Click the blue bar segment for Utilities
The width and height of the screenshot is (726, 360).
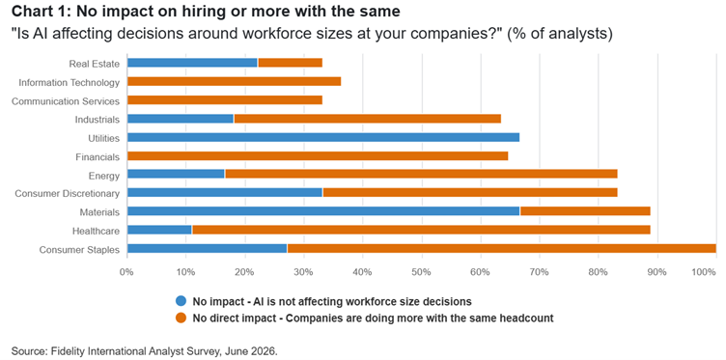point(323,137)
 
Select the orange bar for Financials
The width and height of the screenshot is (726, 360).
point(318,156)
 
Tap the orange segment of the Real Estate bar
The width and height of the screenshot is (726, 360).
point(290,63)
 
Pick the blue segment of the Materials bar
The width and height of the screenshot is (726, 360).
point(323,211)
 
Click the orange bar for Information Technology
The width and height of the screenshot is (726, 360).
point(234,81)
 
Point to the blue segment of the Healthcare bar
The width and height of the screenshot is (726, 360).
point(159,230)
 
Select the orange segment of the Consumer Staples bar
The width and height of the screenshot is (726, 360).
point(501,249)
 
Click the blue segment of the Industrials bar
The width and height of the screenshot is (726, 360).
point(181,119)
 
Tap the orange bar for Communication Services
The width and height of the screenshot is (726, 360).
point(225,100)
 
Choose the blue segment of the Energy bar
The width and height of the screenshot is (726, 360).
point(176,175)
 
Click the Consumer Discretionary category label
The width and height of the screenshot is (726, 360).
point(68,193)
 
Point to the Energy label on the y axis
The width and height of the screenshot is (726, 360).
point(104,176)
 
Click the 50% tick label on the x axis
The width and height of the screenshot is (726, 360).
point(422,272)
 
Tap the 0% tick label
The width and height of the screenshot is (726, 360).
point(126,272)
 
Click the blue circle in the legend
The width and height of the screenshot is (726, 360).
point(181,302)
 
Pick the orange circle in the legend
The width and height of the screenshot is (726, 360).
point(181,318)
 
